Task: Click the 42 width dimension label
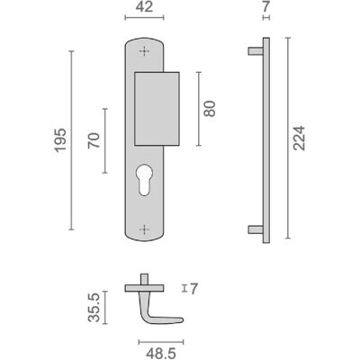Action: point(144,6)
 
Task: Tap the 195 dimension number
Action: point(60,140)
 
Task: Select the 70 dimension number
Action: point(94,140)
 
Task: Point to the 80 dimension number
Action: point(210,109)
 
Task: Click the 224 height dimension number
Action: point(299,139)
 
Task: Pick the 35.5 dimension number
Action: point(94,308)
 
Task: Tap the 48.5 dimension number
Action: point(161,354)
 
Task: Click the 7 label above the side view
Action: point(266,6)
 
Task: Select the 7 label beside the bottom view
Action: point(194,289)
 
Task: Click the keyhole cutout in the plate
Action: point(144,179)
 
